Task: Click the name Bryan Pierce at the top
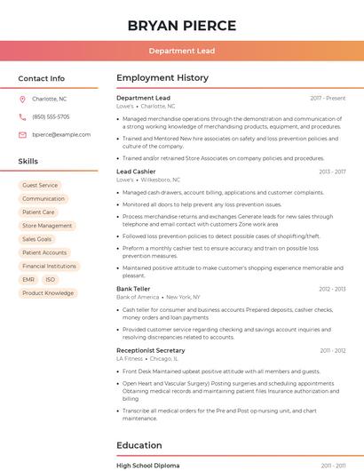(x=181, y=25)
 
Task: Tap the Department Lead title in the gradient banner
(x=181, y=51)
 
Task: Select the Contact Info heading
(x=41, y=78)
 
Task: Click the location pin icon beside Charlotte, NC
(x=22, y=99)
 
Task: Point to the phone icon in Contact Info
(x=22, y=116)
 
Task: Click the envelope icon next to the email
(x=22, y=134)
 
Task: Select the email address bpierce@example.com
(x=61, y=134)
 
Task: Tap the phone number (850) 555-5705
(x=51, y=116)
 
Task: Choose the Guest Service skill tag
(x=40, y=185)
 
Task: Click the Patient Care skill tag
(x=38, y=212)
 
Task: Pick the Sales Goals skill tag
(x=37, y=239)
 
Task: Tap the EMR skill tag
(x=28, y=279)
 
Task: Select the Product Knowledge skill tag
(x=48, y=292)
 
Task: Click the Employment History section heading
(x=162, y=78)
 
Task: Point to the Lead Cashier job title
(x=136, y=172)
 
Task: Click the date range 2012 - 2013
(x=332, y=289)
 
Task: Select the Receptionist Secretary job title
(x=151, y=350)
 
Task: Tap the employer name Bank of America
(x=137, y=297)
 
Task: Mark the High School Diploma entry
(x=147, y=466)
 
